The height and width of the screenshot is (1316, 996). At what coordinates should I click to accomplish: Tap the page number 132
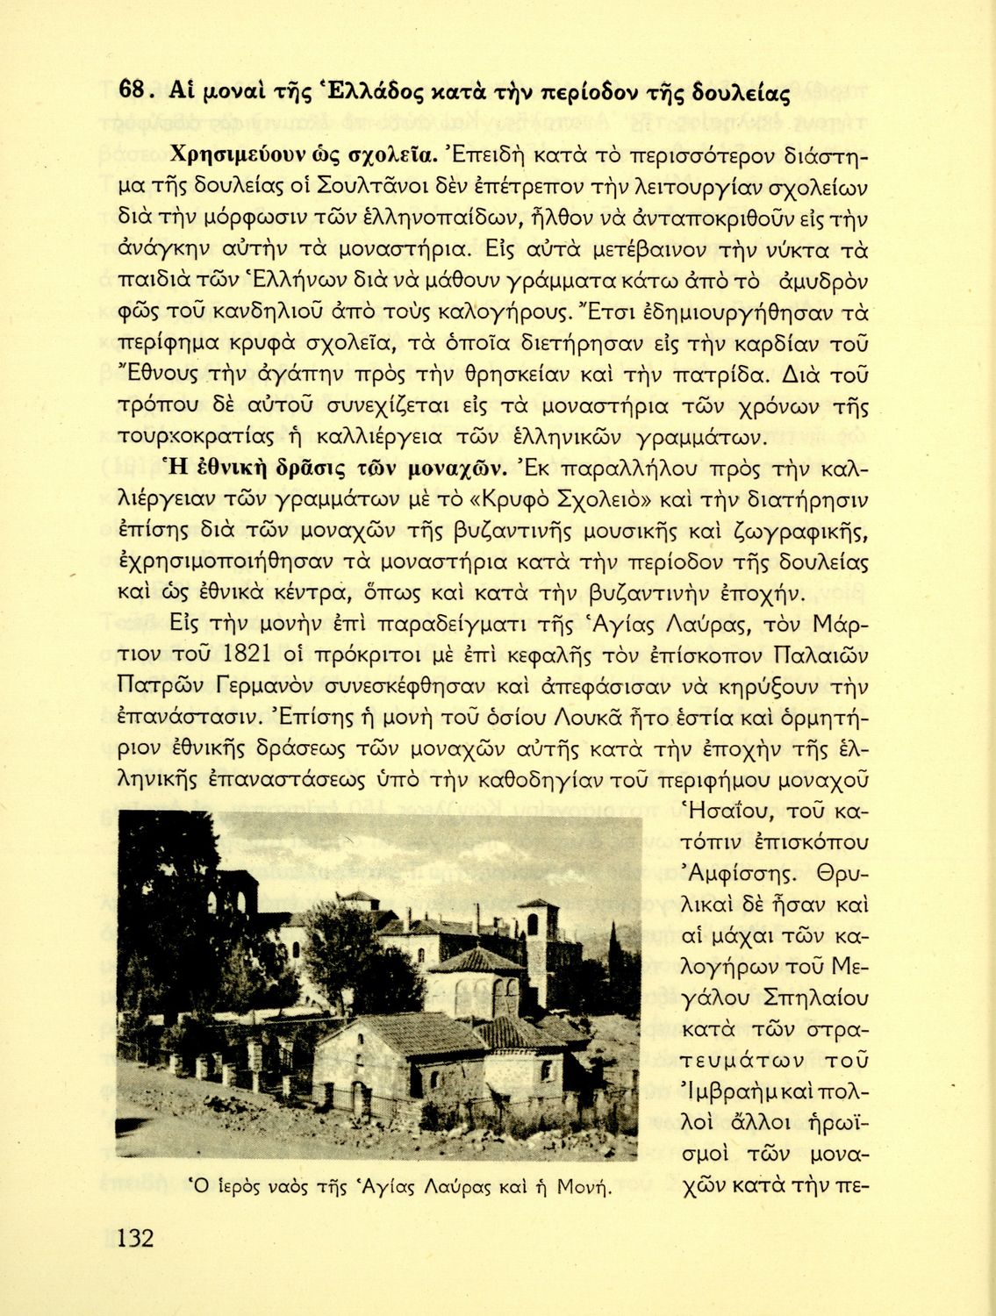[135, 1238]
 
